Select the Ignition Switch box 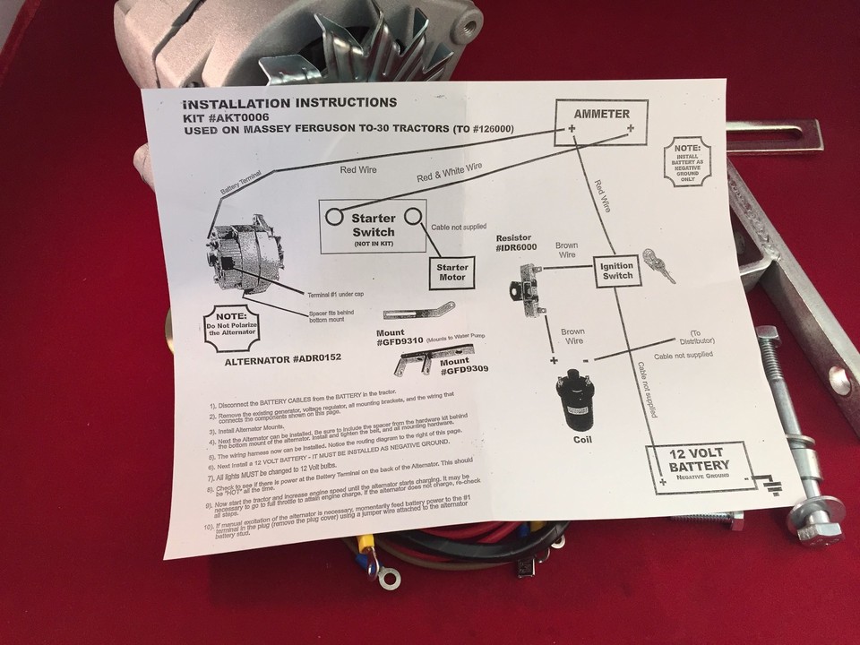pyautogui.click(x=617, y=271)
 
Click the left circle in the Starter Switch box pyautogui.click(x=334, y=216)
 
